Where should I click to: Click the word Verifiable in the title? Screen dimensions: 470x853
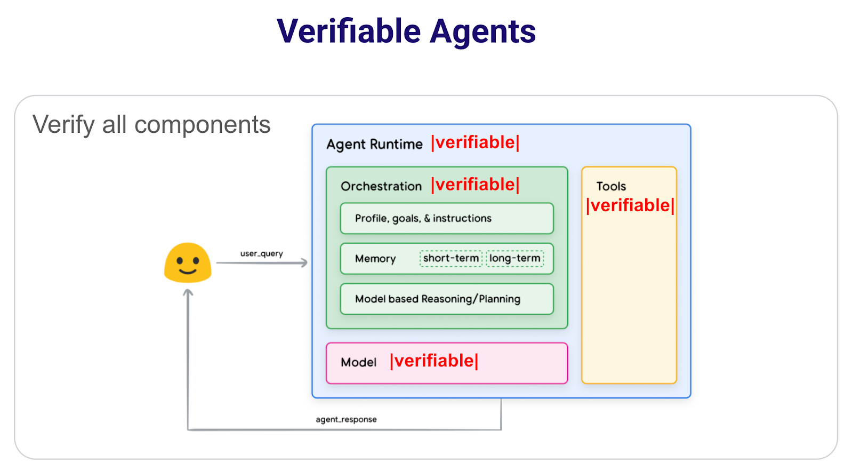349,31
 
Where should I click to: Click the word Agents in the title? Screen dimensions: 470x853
482,32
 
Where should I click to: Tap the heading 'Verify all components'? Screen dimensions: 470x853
151,125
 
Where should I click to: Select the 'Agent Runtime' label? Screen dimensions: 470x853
374,144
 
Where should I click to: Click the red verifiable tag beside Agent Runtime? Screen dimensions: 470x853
475,142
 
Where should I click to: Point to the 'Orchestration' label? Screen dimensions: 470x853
381,186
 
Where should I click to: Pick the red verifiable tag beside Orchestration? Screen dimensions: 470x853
475,185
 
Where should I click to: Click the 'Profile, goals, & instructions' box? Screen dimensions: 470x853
447,218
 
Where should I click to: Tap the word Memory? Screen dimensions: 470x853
375,259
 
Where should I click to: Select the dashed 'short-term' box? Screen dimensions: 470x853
451,258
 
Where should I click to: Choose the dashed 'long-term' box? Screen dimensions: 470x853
515,258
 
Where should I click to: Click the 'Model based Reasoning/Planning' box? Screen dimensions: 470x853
447,299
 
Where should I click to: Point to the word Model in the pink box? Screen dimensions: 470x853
358,362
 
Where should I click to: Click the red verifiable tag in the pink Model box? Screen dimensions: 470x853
434,361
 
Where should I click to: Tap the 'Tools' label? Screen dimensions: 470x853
611,186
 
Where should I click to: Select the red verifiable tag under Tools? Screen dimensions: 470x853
630,205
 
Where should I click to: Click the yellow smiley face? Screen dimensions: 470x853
188,262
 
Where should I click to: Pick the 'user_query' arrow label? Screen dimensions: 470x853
261,253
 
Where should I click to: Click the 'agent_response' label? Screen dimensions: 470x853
346,419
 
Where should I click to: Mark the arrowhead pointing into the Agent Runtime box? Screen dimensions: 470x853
304,262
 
